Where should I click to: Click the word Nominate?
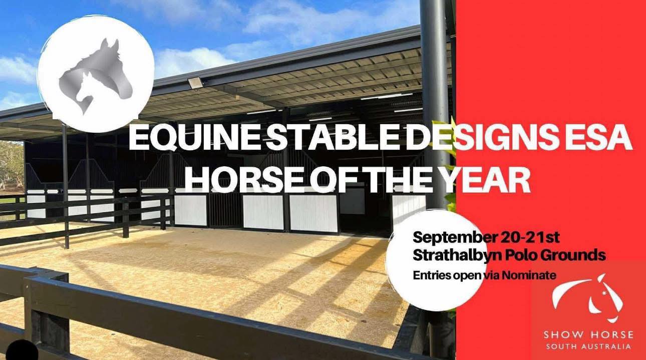[x=529, y=275]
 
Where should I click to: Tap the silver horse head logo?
[x=96, y=76]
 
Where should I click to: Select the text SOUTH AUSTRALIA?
[x=588, y=346]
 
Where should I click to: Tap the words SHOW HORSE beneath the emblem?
[x=588, y=334]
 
